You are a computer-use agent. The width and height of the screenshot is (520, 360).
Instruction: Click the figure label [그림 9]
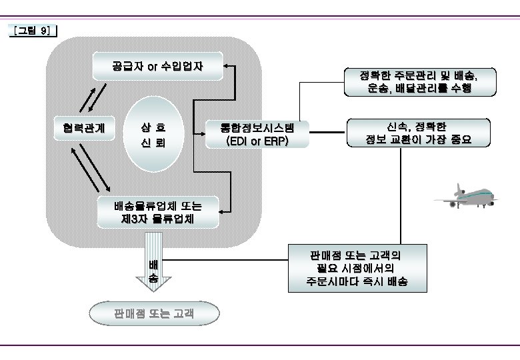(33, 31)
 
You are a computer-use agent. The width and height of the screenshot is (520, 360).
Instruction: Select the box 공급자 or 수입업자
(157, 66)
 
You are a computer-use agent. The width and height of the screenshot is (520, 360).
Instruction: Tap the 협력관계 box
(85, 127)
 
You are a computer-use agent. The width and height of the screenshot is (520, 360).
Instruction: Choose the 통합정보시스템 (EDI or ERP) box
(257, 134)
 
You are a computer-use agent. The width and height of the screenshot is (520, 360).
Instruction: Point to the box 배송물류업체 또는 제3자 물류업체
(158, 211)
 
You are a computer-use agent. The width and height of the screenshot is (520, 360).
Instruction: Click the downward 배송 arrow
(153, 263)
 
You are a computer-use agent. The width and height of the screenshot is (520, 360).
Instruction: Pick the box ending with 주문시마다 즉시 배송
(357, 268)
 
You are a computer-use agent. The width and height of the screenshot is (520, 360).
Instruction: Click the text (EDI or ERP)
(257, 141)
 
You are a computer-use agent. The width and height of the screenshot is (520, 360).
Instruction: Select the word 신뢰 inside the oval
(153, 143)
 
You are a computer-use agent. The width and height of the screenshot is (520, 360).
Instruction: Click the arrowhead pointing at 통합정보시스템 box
(205, 134)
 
